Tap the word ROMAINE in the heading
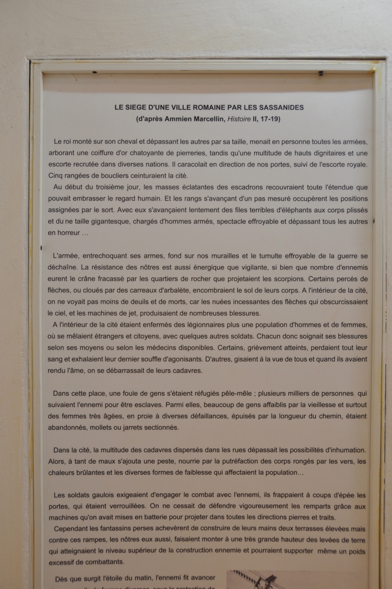coord(200,107)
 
